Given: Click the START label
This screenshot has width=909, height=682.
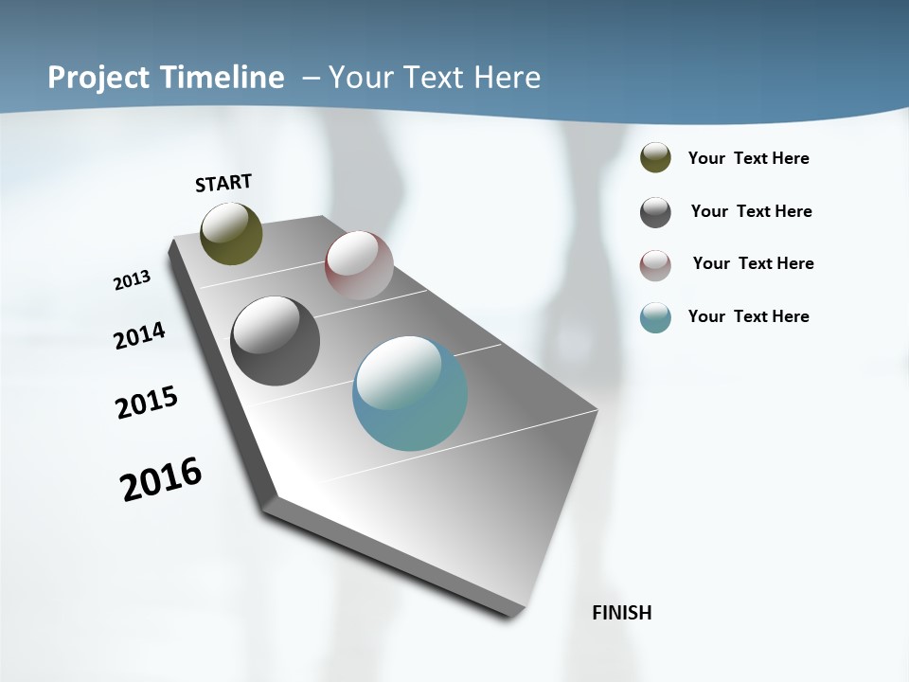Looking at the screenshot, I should click(x=223, y=183).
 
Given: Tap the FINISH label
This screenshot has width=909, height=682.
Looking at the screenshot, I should click(x=621, y=613).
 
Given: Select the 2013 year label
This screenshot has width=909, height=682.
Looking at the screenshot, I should click(x=132, y=279).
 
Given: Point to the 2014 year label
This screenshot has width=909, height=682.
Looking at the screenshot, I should click(x=139, y=335).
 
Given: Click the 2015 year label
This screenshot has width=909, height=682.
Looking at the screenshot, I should click(x=147, y=403).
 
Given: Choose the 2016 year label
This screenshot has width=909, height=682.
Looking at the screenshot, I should click(x=161, y=479).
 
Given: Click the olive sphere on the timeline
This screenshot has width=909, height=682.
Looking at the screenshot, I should click(x=231, y=233).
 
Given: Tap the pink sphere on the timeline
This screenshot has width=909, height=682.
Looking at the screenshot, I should click(x=359, y=265).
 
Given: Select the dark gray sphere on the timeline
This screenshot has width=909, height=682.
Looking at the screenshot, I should click(x=275, y=341).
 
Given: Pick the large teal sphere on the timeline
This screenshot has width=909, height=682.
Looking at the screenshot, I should click(x=410, y=393).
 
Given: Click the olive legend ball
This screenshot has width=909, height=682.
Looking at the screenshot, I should click(x=655, y=158).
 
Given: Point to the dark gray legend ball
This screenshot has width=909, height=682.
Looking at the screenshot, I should click(x=655, y=212).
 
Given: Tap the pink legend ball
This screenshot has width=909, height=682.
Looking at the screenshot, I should click(x=655, y=264).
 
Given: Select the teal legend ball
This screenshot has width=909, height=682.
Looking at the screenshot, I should click(x=655, y=317).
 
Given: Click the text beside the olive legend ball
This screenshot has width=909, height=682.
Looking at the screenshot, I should click(x=748, y=158).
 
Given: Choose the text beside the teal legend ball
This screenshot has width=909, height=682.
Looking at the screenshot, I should click(x=748, y=316).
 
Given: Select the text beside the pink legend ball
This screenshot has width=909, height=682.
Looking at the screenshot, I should click(x=753, y=263).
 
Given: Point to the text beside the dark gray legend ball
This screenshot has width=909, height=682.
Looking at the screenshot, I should click(x=751, y=211).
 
